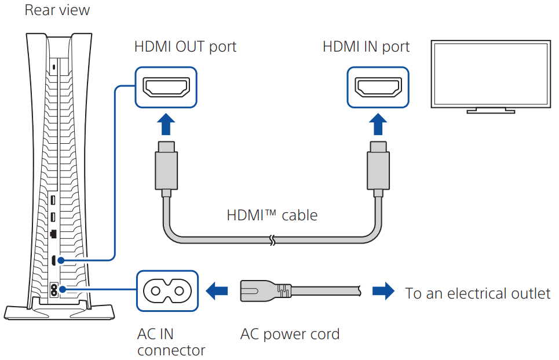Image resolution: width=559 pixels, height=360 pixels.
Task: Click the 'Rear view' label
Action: (x=57, y=11)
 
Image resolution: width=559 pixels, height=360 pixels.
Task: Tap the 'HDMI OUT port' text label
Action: (x=185, y=46)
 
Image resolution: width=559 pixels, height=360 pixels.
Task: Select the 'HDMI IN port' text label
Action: (x=366, y=46)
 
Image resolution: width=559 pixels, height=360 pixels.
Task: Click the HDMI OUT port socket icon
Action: (x=166, y=88)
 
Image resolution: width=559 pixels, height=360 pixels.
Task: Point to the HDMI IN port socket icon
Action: (x=378, y=88)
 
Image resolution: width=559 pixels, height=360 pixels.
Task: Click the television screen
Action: (x=489, y=73)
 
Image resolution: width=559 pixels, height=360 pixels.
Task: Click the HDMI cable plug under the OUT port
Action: (x=166, y=168)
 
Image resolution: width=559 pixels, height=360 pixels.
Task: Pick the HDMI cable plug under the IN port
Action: (x=378, y=168)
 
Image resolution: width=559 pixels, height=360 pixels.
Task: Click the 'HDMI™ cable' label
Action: (x=272, y=216)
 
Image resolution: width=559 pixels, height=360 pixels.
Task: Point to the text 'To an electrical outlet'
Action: (x=478, y=293)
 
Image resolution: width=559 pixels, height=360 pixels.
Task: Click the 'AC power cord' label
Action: (x=290, y=334)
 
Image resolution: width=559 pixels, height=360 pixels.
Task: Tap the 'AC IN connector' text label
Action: (x=171, y=342)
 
